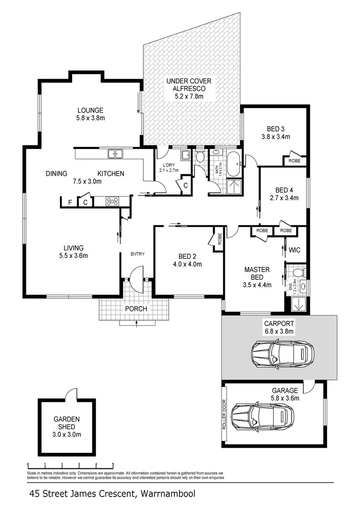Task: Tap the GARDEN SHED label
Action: (x=66, y=427)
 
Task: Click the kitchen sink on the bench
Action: (x=115, y=154)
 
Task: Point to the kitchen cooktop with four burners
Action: (x=113, y=201)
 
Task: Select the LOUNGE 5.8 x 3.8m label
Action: (x=91, y=114)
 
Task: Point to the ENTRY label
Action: (x=138, y=254)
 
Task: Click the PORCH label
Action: (x=136, y=309)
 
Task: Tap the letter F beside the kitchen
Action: (x=70, y=203)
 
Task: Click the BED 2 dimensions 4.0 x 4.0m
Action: (x=187, y=264)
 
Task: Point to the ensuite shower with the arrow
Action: (x=298, y=304)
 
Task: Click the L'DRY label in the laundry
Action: (x=168, y=164)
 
